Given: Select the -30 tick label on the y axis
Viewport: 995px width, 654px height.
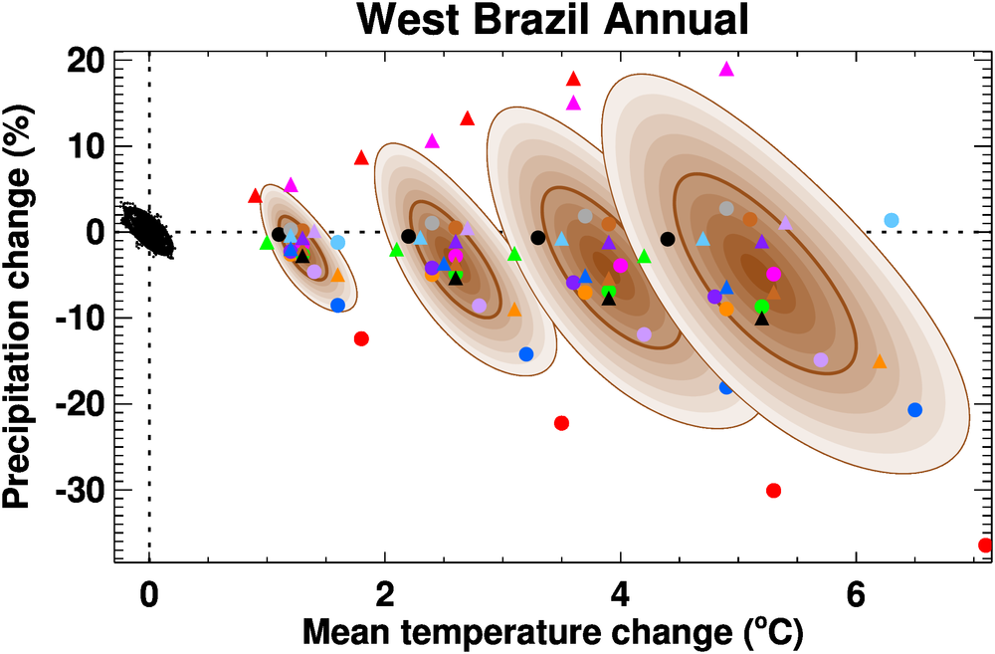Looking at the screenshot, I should (x=77, y=490).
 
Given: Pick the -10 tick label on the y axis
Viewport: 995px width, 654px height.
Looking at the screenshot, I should (x=77, y=319).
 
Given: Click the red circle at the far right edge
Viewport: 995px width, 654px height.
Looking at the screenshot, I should (x=986, y=545).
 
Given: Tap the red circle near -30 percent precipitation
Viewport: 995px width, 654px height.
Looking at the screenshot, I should (x=773, y=490).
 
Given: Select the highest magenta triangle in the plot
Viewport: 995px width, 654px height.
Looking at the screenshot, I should (x=726, y=70).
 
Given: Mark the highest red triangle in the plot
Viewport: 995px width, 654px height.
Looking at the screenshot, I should (x=573, y=79).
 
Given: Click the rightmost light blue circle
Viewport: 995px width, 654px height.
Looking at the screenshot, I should (x=892, y=220).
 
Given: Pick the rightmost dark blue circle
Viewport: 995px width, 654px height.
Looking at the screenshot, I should (x=915, y=410).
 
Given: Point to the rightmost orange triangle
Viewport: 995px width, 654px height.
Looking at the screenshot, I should (x=880, y=361).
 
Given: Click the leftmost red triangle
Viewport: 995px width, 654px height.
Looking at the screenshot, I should (x=255, y=195).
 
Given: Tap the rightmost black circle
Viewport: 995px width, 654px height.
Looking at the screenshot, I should (x=668, y=239).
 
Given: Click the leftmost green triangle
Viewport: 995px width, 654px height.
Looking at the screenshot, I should (x=266, y=243).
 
